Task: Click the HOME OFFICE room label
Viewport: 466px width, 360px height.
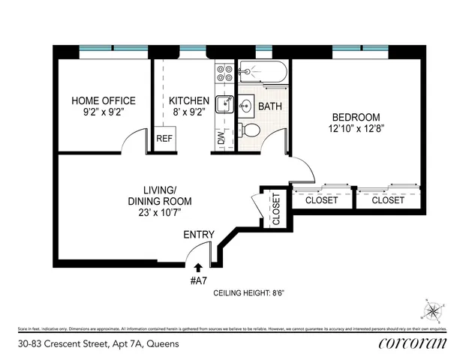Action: (104, 100)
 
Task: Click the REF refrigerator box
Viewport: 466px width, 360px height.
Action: (164, 139)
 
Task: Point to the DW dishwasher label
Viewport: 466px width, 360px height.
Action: (221, 138)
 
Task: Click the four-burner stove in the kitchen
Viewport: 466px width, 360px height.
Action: (225, 73)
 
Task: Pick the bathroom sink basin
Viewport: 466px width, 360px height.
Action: (245, 106)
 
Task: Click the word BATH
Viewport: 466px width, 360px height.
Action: (270, 106)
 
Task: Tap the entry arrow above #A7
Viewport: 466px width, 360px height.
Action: (198, 266)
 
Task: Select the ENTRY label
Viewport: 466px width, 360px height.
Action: (199, 235)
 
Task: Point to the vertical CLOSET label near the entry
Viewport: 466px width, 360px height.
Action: (275, 209)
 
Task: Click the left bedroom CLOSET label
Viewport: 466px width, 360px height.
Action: (321, 200)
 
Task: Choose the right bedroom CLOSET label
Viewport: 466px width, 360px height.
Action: (388, 200)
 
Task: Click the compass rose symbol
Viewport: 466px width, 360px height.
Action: (433, 310)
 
